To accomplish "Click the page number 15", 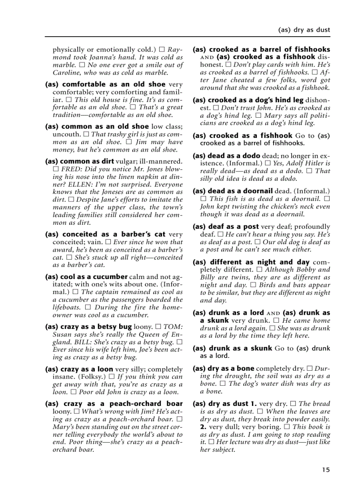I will [x=326, y=470].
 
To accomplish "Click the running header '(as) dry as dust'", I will [x=304, y=30].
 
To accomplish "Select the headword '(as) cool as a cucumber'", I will [x=86, y=277].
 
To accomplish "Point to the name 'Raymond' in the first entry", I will [x=176, y=50].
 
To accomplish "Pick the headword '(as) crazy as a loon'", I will [x=79, y=369].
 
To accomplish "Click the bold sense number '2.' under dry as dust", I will [x=203, y=427].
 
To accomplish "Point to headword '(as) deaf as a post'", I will [x=225, y=227].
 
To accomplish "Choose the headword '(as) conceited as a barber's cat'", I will [x=105, y=234].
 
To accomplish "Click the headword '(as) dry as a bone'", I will [x=223, y=368].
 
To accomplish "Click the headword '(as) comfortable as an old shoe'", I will [x=105, y=84].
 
